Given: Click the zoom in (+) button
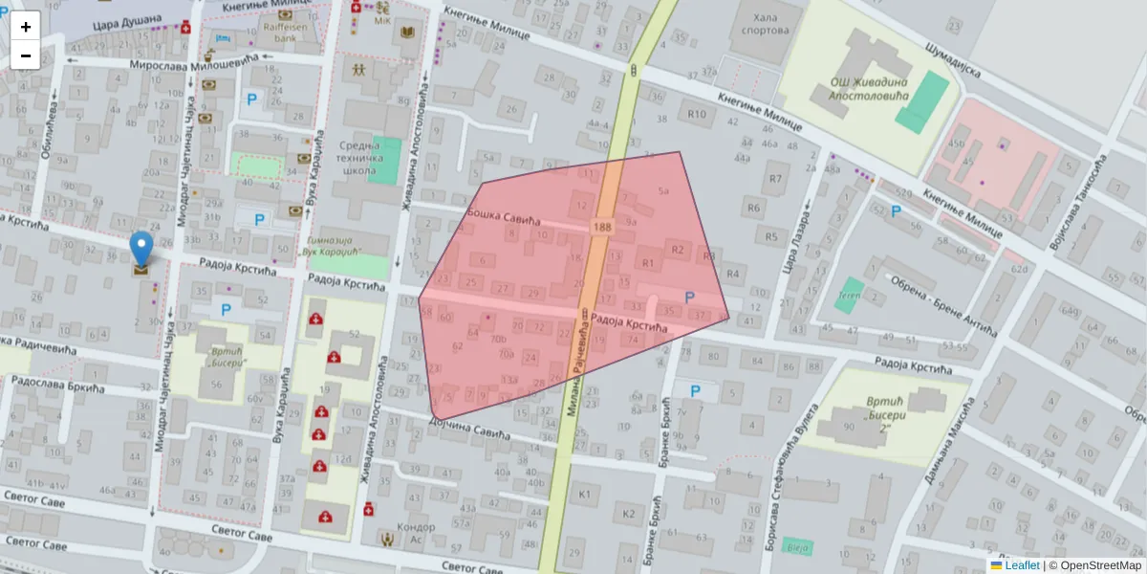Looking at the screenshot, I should [26, 27].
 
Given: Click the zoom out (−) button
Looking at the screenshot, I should [26, 55].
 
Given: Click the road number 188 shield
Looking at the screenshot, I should [601, 228].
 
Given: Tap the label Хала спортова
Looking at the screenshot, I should [765, 23].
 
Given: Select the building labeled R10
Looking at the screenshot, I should [696, 116].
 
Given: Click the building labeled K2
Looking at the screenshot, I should [628, 514].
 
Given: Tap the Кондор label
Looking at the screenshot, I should [416, 527].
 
